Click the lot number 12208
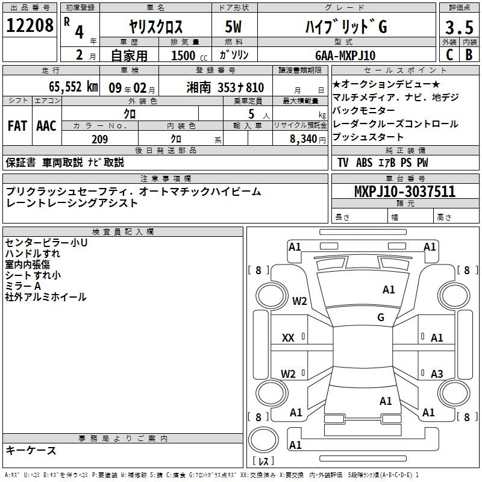pyautogui.click(x=30, y=25)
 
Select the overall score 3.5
pyautogui.click(x=459, y=27)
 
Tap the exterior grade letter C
pyautogui.click(x=449, y=55)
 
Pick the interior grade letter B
pyautogui.click(x=469, y=55)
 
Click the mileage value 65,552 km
pyautogui.click(x=74, y=87)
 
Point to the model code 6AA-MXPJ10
pyautogui.click(x=345, y=55)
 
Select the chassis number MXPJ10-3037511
pyautogui.click(x=405, y=191)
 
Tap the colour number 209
pyautogui.click(x=100, y=139)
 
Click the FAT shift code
pyautogui.click(x=17, y=126)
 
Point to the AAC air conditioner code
pyautogui.click(x=46, y=126)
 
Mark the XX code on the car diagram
pyautogui.click(x=288, y=338)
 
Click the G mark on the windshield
pyautogui.click(x=381, y=317)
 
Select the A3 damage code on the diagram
pyautogui.click(x=437, y=374)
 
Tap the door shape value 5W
pyautogui.click(x=233, y=27)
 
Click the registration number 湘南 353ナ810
pyautogui.click(x=225, y=87)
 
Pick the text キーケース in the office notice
pyautogui.click(x=31, y=450)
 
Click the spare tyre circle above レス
pyautogui.click(x=263, y=440)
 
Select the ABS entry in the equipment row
pyautogui.click(x=364, y=162)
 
